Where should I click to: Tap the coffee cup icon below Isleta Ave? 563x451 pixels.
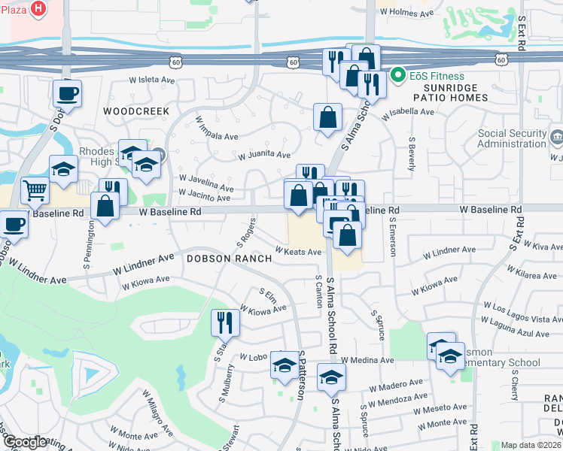click(67, 93)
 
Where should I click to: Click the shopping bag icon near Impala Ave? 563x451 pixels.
click(327, 117)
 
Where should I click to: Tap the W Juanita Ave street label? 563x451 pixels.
click(264, 156)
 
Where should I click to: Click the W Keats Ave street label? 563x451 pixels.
click(298, 252)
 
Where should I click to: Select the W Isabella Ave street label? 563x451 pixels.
click(408, 114)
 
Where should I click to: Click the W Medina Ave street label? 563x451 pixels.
click(367, 361)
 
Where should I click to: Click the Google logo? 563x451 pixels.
click(25, 442)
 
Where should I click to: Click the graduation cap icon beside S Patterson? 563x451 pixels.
click(284, 365)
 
